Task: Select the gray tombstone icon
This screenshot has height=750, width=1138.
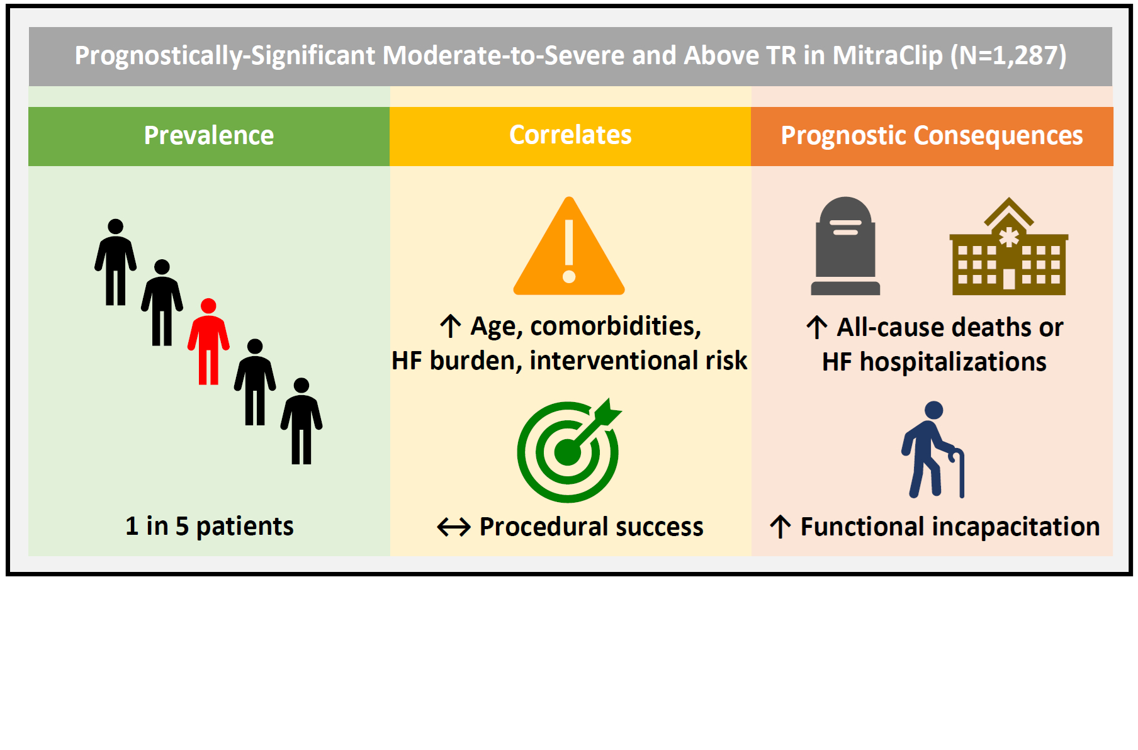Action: pos(845,246)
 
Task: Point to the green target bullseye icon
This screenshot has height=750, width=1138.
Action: pos(569,451)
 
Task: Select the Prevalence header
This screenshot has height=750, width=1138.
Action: pos(209,136)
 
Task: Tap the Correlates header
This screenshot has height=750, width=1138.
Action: pos(570,136)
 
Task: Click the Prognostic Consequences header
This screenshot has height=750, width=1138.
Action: pos(932,136)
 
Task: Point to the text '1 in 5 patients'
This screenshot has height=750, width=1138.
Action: pos(210,526)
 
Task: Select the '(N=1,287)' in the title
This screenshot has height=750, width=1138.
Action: pos(1008,56)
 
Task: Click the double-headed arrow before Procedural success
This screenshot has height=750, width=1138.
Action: pos(454,527)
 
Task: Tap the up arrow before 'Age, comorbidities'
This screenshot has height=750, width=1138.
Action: pos(451,326)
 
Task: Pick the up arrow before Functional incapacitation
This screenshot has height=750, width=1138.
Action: pos(780,527)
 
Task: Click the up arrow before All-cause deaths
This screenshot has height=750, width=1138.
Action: pos(817,327)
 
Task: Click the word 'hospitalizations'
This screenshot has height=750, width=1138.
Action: pos(953,362)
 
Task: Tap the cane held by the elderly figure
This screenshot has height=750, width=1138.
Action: pos(959,473)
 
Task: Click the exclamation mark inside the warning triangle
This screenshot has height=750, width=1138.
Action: pos(569,250)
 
